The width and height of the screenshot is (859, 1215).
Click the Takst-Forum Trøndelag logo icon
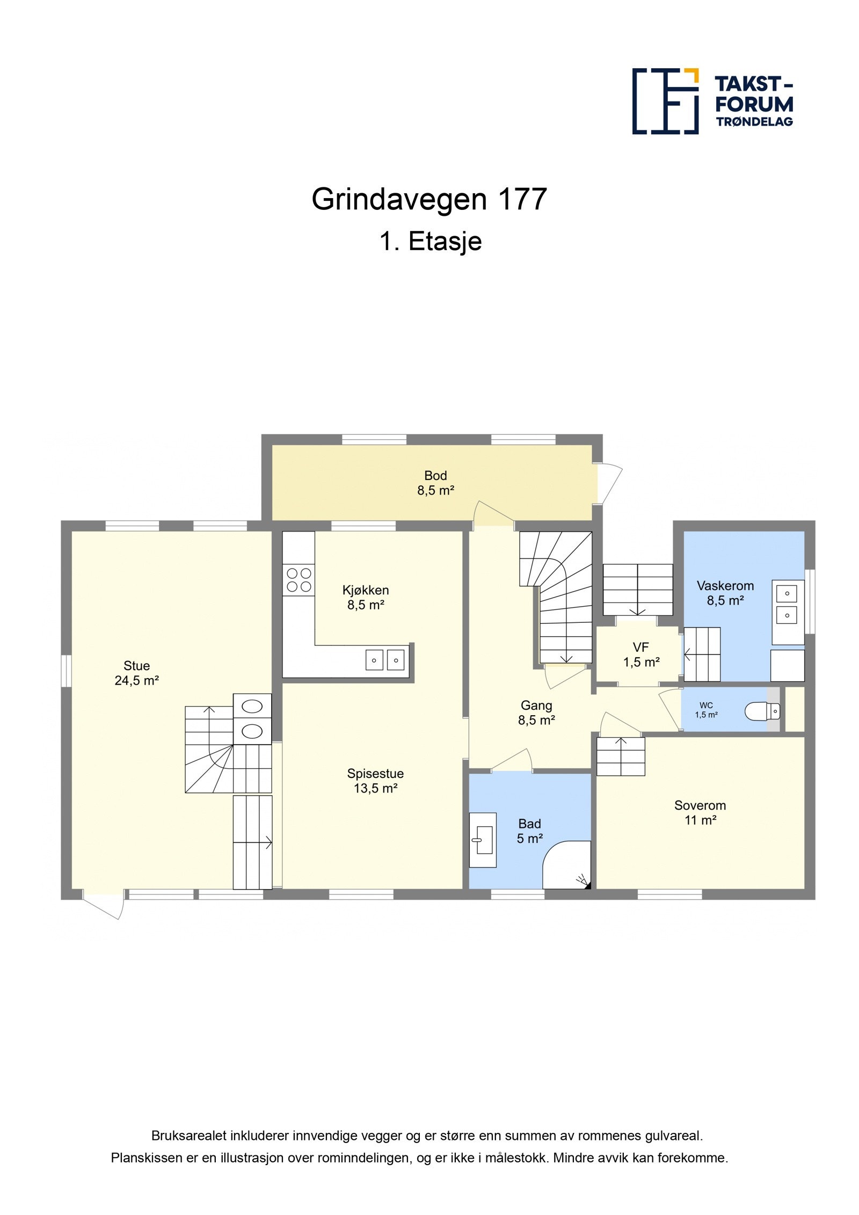coord(665,101)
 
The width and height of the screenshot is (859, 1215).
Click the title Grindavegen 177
coord(429,199)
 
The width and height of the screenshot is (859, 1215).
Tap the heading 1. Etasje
coord(431,241)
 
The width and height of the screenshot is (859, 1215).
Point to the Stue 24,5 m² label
coord(136,673)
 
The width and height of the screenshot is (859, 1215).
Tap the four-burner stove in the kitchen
coord(299,580)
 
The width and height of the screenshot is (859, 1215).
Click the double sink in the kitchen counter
coord(385,660)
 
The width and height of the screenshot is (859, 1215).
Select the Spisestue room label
coord(375,781)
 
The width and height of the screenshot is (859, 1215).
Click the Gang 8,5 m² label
coord(536,712)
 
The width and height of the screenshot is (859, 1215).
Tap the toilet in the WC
coord(762,711)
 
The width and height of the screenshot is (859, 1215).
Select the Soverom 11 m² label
coord(700,812)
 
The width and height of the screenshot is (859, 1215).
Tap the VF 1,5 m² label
coord(640,654)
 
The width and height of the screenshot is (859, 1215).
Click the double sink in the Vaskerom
coord(787,604)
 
